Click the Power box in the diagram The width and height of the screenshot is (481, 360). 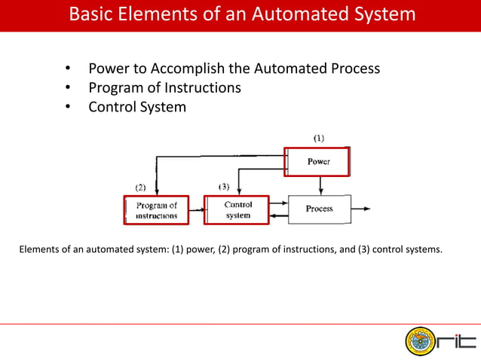[317, 162]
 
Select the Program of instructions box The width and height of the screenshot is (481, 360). [156, 209]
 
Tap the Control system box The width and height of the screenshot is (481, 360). [237, 209]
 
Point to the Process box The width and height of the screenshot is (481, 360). [320, 209]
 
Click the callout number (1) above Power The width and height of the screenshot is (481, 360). [319, 138]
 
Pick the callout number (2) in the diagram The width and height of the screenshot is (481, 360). [140, 186]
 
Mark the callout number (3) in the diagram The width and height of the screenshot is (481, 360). [223, 186]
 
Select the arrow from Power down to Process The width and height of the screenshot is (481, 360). [321, 185]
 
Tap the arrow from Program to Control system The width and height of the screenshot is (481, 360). [196, 209]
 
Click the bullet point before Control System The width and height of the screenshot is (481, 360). [67, 107]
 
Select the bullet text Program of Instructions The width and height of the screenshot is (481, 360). [164, 87]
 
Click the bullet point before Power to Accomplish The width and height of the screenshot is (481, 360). [67, 69]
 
